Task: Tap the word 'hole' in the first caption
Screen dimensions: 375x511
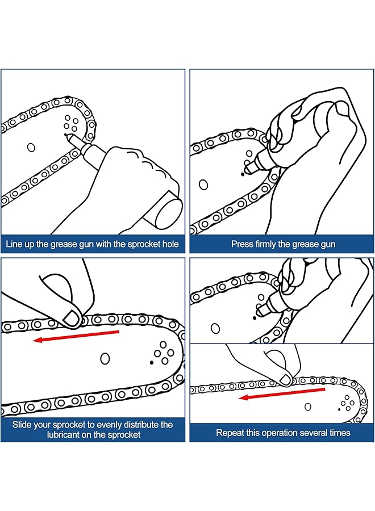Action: pyautogui.click(x=171, y=244)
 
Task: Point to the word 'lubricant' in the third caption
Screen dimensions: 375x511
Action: pyautogui.click(x=63, y=435)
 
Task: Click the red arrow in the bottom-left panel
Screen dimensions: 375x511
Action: pyautogui.click(x=76, y=336)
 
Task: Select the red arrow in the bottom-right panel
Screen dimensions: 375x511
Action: pyautogui.click(x=282, y=393)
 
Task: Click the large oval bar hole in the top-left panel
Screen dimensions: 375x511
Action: pyautogui.click(x=31, y=148)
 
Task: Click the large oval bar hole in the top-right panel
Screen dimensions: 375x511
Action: pyautogui.click(x=203, y=185)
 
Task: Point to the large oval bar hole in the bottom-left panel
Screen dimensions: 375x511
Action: pyautogui.click(x=105, y=359)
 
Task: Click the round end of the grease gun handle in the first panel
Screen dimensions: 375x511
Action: pyautogui.click(x=169, y=212)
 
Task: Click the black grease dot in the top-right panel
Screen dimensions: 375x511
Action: pyautogui.click(x=243, y=174)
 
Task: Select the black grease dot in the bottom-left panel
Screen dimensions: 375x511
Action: pyautogui.click(x=151, y=362)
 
